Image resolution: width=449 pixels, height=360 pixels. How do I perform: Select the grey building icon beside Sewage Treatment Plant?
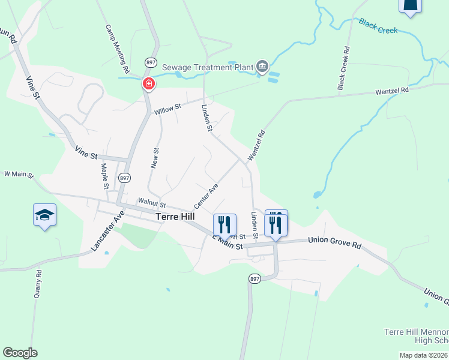click(262, 66)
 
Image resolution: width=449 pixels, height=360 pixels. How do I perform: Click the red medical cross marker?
click(148, 83)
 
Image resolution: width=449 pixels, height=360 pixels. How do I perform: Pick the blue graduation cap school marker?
click(44, 215)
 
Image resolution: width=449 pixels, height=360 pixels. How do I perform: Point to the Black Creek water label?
click(378, 26)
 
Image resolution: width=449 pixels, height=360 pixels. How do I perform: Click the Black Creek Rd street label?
click(343, 69)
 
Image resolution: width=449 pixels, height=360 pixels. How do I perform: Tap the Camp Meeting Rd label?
click(118, 49)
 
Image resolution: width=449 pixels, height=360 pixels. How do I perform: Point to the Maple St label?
click(104, 176)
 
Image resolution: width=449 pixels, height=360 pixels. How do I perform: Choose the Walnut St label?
click(151, 203)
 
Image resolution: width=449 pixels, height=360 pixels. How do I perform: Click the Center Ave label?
click(205, 197)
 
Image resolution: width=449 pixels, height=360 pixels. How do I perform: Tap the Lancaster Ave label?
click(107, 230)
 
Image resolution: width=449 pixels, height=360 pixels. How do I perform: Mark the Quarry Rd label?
click(38, 283)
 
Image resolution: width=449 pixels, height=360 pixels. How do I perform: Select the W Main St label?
click(19, 174)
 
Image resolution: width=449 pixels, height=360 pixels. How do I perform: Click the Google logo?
click(20, 353)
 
